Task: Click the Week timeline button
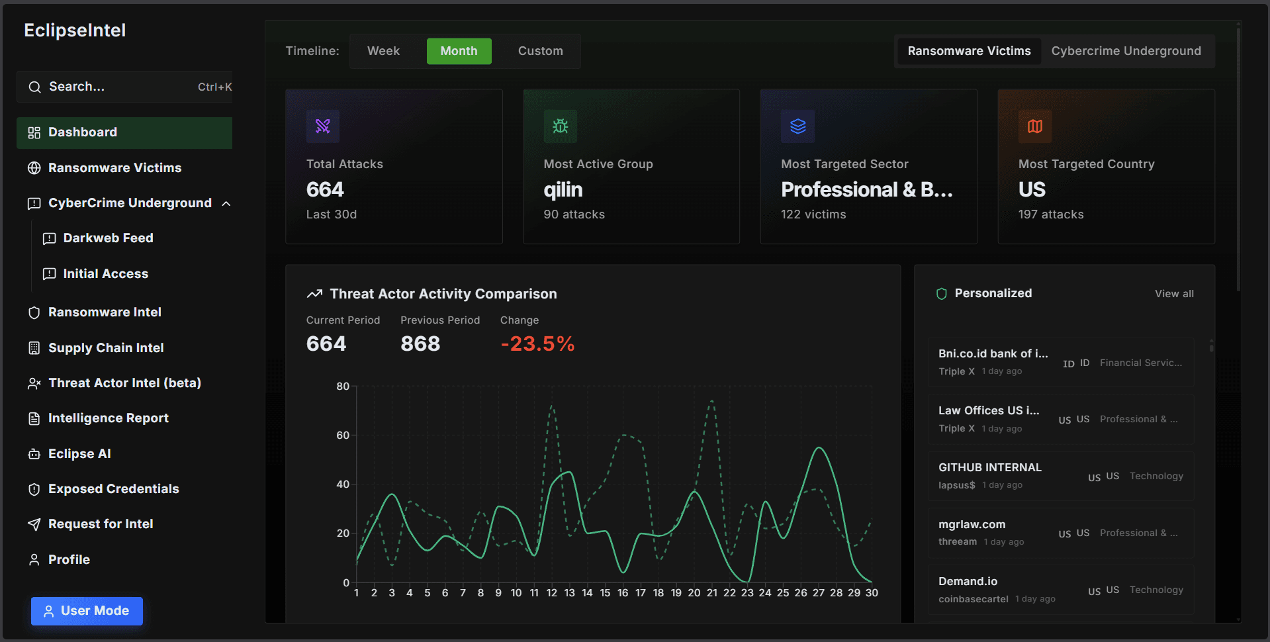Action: point(383,51)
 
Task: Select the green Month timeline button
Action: point(459,51)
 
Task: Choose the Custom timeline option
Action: point(540,51)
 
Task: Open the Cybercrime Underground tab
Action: point(1126,51)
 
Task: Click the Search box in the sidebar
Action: point(124,87)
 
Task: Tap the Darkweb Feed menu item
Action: point(108,238)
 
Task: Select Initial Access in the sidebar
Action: point(105,274)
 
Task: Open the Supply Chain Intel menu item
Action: point(106,347)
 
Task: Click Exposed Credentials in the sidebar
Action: point(113,489)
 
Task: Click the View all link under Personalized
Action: point(1174,294)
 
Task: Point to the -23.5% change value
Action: point(537,344)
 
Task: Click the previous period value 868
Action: point(420,344)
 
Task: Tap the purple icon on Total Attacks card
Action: point(323,126)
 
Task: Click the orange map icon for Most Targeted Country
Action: point(1035,126)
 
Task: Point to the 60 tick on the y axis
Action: point(343,436)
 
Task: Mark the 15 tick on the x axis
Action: point(605,593)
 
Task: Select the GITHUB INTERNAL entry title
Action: point(990,467)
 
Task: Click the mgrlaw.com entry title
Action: point(972,524)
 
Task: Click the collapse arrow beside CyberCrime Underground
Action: point(226,204)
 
